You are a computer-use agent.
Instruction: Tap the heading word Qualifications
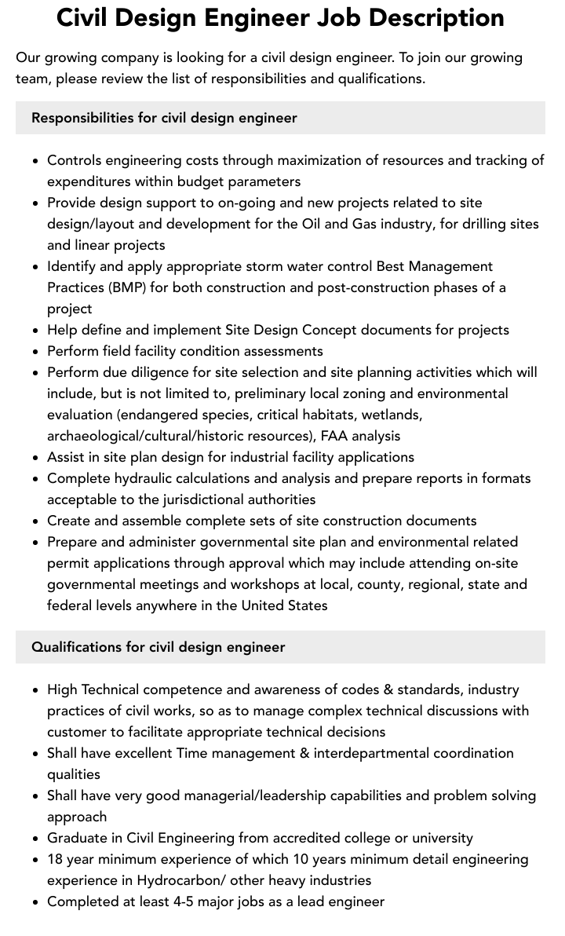click(76, 647)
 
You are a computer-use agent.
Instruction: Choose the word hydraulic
click(140, 478)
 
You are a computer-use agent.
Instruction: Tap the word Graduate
click(76, 838)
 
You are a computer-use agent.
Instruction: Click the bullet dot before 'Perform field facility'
click(35, 351)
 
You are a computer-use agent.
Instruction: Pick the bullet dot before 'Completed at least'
click(35, 901)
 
